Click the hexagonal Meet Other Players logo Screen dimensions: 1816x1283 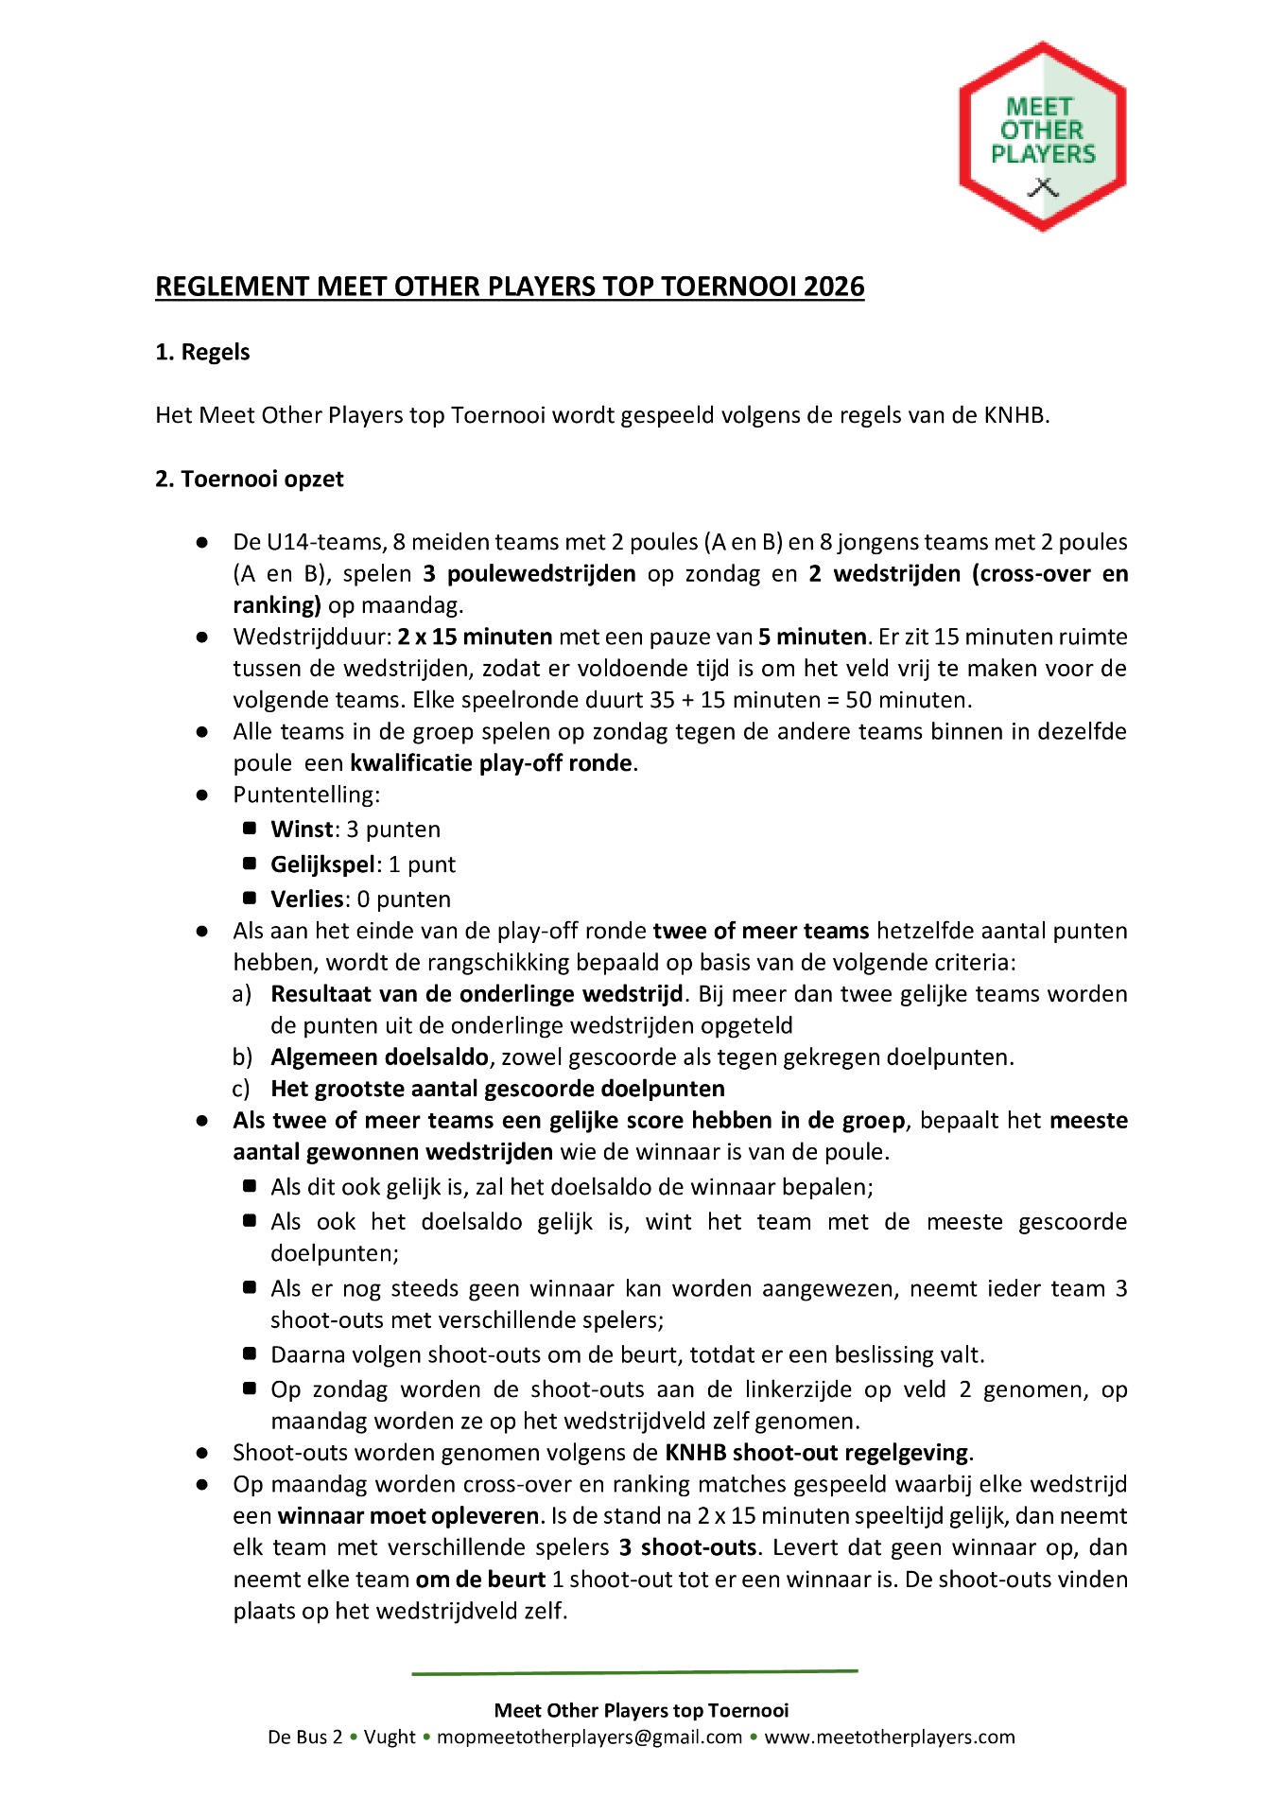pyautogui.click(x=1042, y=136)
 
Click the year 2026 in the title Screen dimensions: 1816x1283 pyautogui.click(x=834, y=287)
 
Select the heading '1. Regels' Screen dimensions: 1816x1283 pyautogui.click(x=202, y=352)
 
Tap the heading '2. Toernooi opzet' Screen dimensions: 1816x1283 pyautogui.click(x=250, y=479)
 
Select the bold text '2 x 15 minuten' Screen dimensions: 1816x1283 pyautogui.click(x=475, y=637)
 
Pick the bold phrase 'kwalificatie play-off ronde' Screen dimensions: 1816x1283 pyautogui.click(x=491, y=763)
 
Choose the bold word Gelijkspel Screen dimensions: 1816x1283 pyautogui.click(x=323, y=864)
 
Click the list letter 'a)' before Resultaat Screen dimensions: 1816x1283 pyautogui.click(x=242, y=994)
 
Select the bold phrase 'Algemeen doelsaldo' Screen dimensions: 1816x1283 pyautogui.click(x=379, y=1057)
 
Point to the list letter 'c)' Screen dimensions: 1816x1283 pyautogui.click(x=241, y=1089)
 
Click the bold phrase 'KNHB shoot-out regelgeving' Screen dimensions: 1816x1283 pyautogui.click(x=817, y=1453)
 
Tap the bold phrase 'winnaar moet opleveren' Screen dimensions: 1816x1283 pyautogui.click(x=408, y=1516)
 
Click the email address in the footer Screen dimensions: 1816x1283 pyautogui.click(x=589, y=1737)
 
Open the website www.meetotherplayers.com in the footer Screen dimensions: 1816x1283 pyautogui.click(x=889, y=1737)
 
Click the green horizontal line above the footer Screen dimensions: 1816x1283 pyautogui.click(x=634, y=1672)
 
